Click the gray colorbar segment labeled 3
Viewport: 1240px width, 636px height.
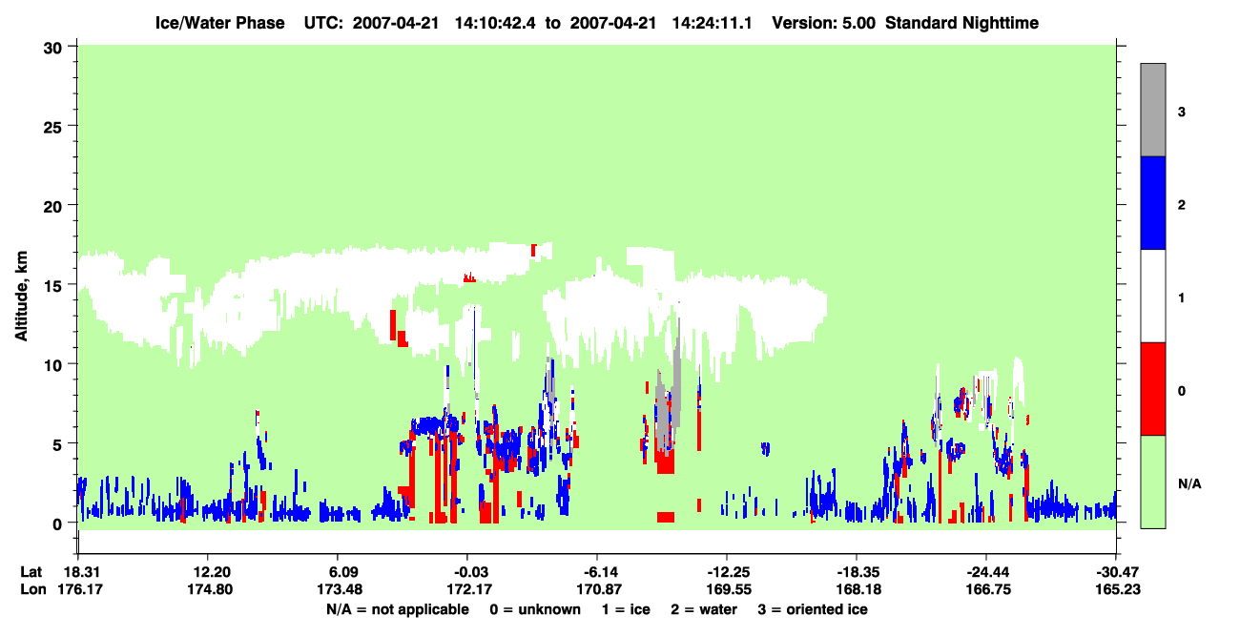[1152, 110]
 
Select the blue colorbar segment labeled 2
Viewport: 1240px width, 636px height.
[1152, 202]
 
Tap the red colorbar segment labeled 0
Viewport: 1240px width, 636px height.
[1152, 389]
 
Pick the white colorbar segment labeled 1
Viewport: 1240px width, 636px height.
[1152, 296]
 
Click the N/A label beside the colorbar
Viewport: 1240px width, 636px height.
[1189, 484]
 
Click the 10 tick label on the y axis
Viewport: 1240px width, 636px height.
[52, 365]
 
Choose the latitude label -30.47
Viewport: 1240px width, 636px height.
[1117, 572]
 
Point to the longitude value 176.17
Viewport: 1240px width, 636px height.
[80, 589]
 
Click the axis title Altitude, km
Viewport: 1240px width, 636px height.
[21, 297]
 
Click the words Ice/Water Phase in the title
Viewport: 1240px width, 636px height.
[219, 23]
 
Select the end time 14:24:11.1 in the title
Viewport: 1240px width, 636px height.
[712, 23]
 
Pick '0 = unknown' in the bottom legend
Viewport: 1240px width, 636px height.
[535, 609]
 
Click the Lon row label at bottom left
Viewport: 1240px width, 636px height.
[33, 589]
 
